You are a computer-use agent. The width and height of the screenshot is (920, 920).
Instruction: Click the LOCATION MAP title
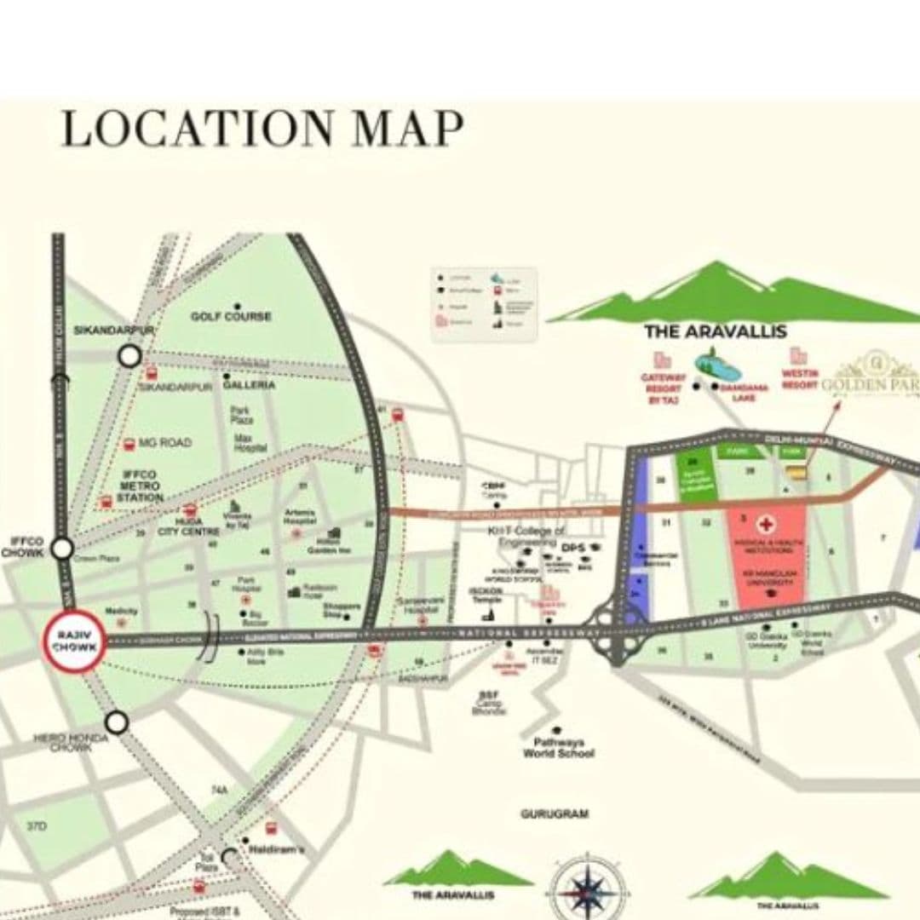coord(263,129)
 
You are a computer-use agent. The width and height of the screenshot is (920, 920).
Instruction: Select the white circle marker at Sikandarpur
coord(129,355)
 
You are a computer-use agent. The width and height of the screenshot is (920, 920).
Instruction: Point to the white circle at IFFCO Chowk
coord(62,549)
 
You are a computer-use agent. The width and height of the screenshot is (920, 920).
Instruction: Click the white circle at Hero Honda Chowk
coord(117,722)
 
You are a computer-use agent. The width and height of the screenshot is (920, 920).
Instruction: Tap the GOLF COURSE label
coord(231,316)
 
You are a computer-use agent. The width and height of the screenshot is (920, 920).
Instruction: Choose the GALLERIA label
coord(249,385)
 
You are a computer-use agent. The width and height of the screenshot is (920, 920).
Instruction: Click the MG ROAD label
coord(165,443)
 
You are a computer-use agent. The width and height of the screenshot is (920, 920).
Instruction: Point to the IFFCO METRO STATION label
coord(141,486)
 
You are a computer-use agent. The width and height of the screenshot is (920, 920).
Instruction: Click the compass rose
coord(587,889)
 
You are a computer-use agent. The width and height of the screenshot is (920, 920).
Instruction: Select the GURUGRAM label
coord(555,814)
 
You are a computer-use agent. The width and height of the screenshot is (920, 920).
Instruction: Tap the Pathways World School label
coord(559,748)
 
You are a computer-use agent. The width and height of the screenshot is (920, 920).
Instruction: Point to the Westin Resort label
coord(800,379)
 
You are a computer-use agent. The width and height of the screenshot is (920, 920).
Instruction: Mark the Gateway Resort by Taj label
coord(664,388)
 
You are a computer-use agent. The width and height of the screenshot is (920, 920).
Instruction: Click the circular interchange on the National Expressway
coord(613,631)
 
